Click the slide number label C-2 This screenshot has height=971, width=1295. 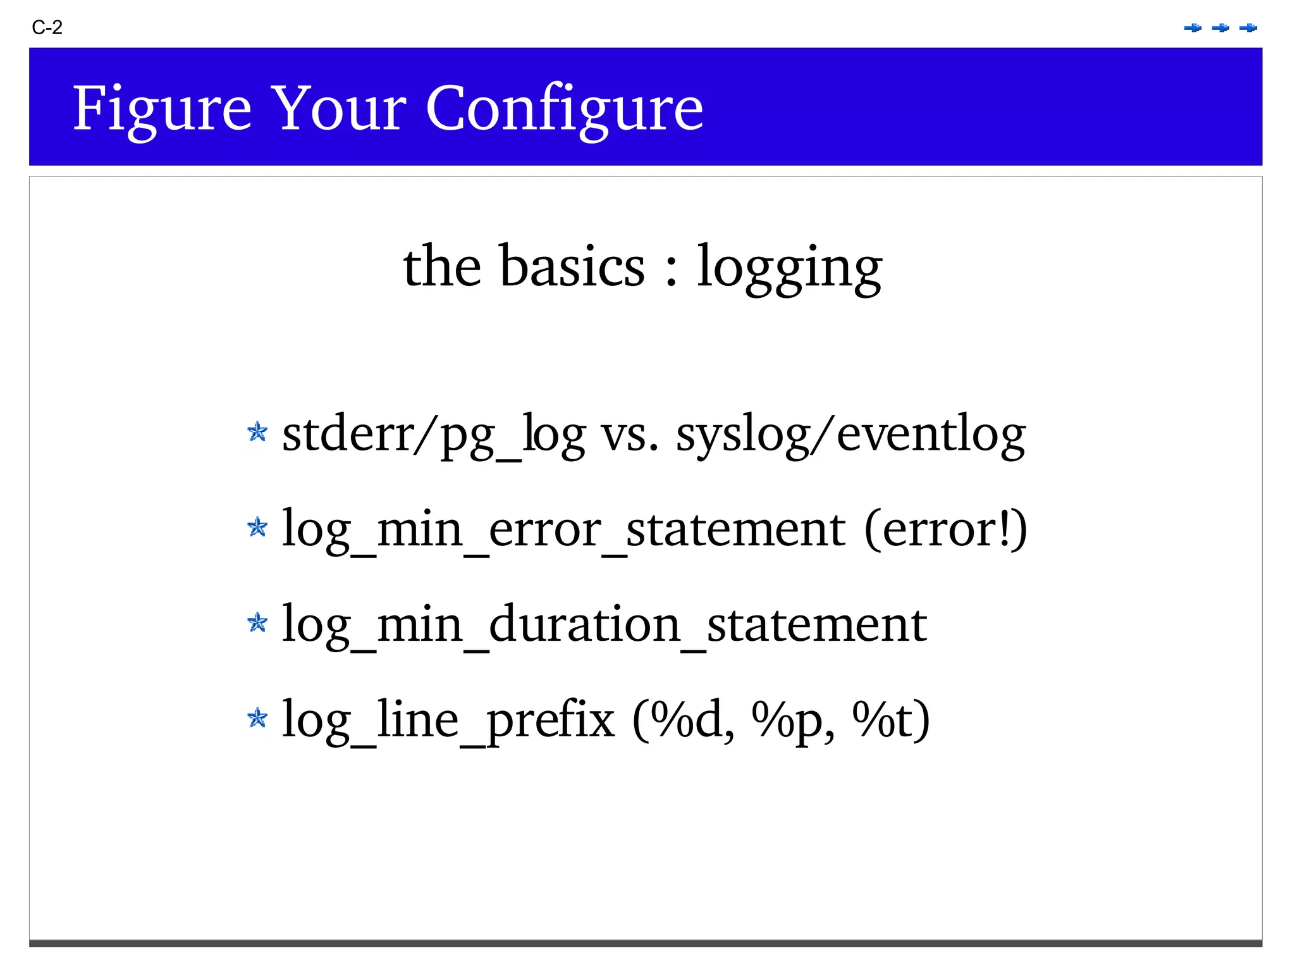click(47, 28)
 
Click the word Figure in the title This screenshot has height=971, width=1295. click(162, 109)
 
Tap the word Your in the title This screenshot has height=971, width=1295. click(338, 109)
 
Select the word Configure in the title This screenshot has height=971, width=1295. click(564, 109)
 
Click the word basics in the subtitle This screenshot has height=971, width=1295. click(572, 267)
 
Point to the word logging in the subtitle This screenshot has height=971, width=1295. click(789, 268)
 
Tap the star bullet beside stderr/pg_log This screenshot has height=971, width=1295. click(257, 433)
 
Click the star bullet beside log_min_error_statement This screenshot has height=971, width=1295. click(257, 527)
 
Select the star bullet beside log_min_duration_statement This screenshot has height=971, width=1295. click(257, 622)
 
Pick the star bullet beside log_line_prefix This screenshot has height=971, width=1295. click(257, 718)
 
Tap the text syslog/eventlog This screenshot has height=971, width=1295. click(850, 435)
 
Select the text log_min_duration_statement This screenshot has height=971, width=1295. click(604, 625)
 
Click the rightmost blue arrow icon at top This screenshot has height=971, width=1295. click(1248, 28)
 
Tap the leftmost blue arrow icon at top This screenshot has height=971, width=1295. click(1193, 28)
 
